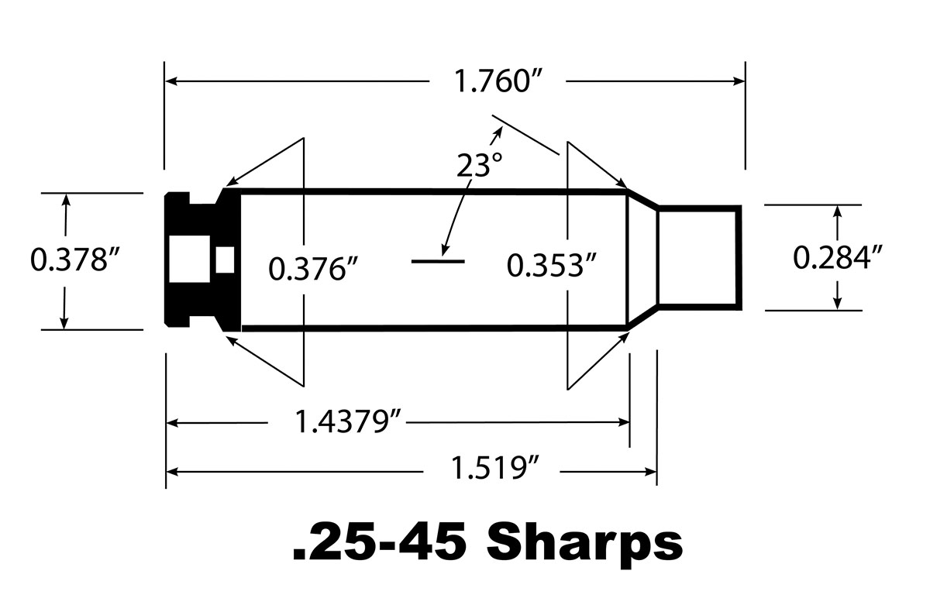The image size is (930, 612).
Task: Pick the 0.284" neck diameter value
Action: (839, 257)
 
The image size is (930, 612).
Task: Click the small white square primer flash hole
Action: (226, 260)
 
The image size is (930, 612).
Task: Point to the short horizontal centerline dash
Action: (437, 261)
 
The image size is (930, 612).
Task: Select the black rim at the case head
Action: (177, 260)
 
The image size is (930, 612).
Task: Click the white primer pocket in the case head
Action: (191, 260)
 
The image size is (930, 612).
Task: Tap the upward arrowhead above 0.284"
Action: (837, 211)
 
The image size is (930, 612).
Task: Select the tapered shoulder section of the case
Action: (642, 257)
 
